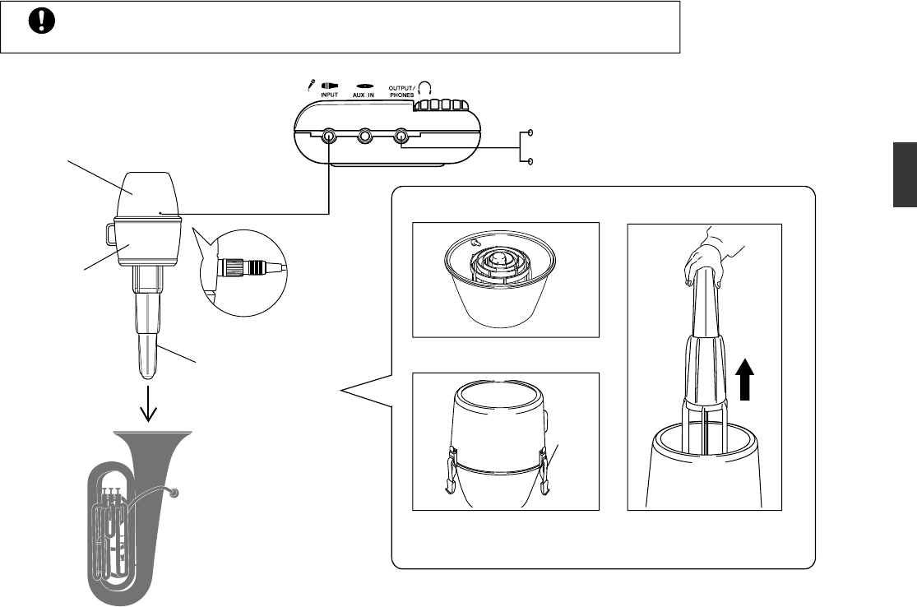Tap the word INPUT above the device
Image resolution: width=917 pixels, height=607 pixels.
coord(329,95)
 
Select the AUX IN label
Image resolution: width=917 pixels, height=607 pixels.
coord(366,95)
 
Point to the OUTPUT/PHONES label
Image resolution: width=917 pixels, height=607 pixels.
coord(402,92)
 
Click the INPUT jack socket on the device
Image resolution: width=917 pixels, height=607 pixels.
coord(329,137)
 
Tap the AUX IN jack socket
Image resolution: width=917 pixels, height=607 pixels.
coord(365,137)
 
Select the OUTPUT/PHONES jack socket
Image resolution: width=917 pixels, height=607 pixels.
coord(401,137)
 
